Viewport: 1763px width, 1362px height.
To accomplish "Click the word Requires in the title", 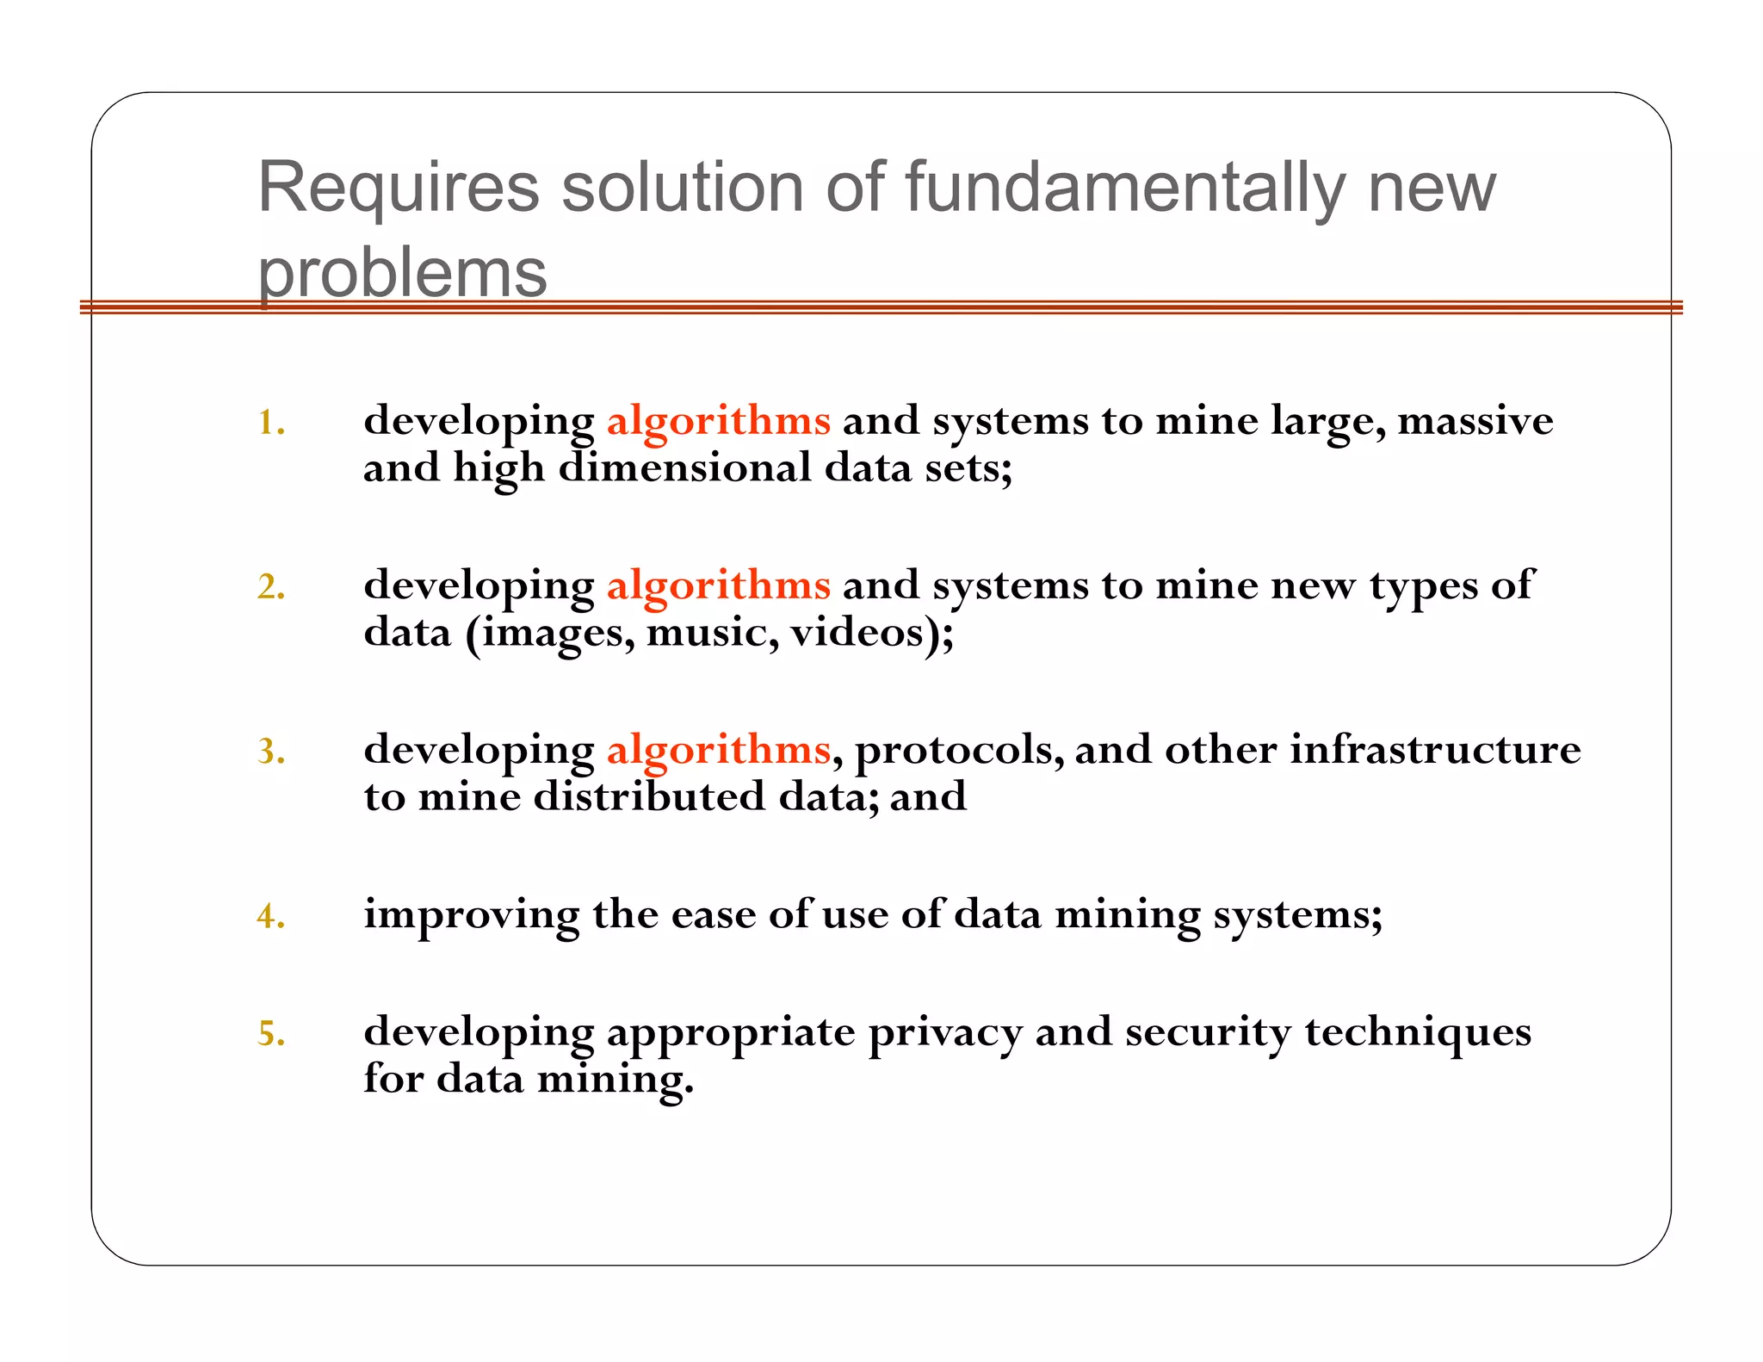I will point(398,188).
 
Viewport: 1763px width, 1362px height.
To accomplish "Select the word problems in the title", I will point(402,274).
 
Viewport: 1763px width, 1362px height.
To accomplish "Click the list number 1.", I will point(270,423).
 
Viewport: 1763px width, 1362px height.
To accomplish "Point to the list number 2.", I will point(270,587).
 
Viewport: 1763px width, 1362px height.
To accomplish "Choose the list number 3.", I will point(270,752).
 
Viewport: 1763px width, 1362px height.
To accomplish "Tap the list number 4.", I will point(270,916).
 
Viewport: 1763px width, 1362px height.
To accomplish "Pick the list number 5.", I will point(270,1033).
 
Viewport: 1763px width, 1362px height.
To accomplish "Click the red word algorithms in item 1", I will point(718,421).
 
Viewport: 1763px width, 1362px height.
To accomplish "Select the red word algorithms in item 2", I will point(718,585).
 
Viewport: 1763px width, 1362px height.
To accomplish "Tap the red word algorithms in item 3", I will point(718,750).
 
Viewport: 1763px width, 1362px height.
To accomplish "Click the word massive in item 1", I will point(1475,421).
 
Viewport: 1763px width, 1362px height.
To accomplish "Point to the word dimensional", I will point(684,468).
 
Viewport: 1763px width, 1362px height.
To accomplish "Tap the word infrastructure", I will point(1434,750).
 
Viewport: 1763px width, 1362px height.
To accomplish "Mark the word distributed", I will point(649,796).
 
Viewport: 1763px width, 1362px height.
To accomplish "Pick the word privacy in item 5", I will point(944,1033).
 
